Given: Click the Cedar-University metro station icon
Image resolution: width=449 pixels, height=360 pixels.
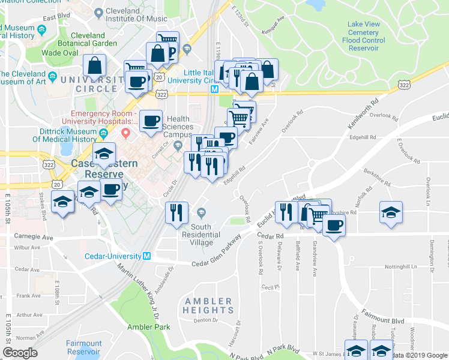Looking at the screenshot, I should point(146,256).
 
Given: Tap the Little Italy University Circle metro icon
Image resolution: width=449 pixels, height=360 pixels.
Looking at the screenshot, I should point(214,88).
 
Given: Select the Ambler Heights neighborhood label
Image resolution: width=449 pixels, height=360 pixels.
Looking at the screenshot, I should point(208,305).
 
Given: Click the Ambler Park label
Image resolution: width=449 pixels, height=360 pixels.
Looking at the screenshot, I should point(148,327).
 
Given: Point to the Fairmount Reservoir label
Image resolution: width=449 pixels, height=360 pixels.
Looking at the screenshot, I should point(84,348).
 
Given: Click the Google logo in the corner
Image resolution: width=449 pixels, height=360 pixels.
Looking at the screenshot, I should point(20,353).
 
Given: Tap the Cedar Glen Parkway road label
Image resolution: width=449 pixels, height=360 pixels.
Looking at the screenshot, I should point(217,252).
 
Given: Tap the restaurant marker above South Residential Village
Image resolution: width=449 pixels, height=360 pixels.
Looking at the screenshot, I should point(176,213).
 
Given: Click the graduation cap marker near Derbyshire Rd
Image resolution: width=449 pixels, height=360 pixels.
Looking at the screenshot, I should point(391,212).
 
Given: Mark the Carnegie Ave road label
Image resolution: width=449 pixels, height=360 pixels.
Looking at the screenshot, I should point(34,238).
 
